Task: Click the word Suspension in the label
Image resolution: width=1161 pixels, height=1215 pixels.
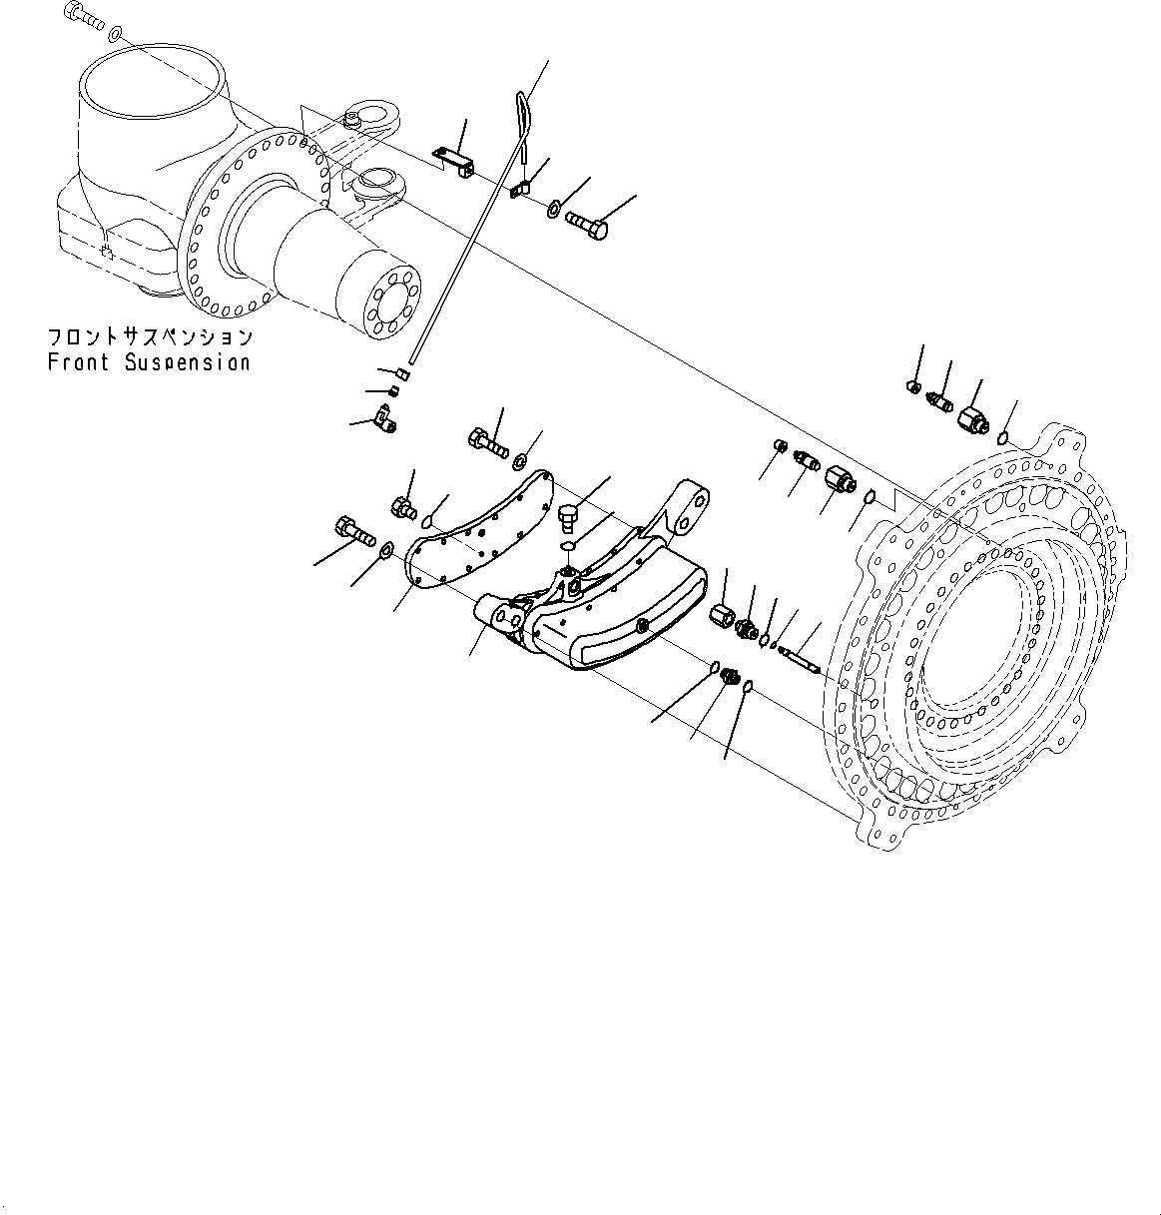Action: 188,362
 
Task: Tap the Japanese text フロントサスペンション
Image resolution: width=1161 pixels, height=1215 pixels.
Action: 150,337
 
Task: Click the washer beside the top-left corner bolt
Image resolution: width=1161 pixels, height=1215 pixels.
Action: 116,35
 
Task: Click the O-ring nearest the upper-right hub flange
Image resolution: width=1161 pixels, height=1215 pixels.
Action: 1004,436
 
